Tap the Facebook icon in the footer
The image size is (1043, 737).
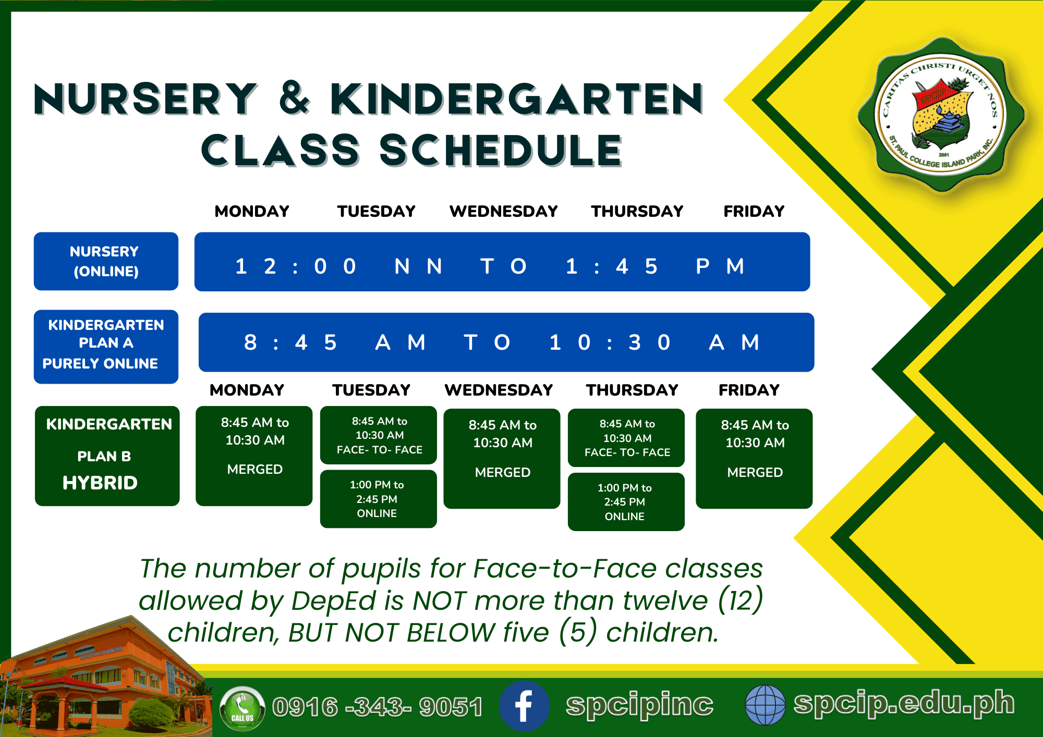point(524,706)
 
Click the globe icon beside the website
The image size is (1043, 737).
point(765,705)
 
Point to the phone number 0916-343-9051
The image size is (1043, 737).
point(378,707)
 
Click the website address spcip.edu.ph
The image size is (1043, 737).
point(904,703)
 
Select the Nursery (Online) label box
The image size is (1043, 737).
point(106,261)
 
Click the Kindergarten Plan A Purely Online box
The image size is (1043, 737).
point(106,347)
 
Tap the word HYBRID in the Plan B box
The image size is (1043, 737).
point(100,483)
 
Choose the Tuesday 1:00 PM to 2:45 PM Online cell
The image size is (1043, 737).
point(378,499)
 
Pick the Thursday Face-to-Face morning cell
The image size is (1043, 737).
point(626,438)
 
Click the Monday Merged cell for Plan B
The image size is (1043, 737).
point(254,456)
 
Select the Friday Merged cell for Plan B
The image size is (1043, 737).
point(754,458)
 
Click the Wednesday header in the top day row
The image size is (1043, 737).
point(504,211)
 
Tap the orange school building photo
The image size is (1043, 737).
point(104,678)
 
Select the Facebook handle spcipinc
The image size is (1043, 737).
point(639,705)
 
